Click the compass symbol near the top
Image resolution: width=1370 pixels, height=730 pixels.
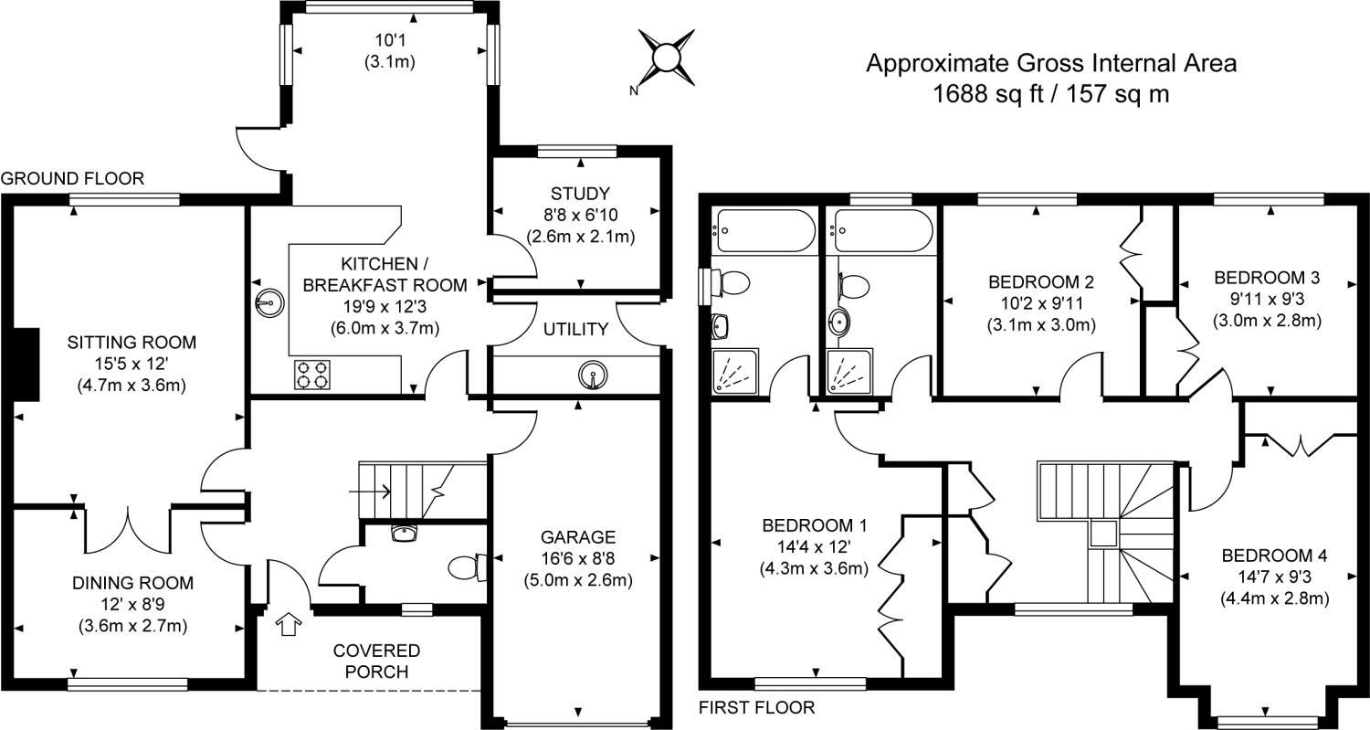[x=666, y=58]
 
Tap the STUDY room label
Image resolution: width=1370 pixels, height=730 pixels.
[x=580, y=193]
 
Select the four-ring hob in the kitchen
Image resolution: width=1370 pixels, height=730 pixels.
[x=311, y=375]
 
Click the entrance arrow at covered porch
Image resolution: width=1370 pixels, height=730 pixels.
[x=289, y=625]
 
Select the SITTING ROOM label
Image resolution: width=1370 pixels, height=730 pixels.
[x=132, y=343]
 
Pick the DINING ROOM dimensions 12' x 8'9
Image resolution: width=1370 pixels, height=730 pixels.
[x=132, y=604]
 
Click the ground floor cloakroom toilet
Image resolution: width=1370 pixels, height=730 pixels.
[x=466, y=566]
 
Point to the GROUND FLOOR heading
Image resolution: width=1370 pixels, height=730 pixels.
[x=72, y=179]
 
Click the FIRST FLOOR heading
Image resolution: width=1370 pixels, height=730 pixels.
[x=755, y=707]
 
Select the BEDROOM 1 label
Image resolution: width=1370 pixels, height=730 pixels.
[x=814, y=525]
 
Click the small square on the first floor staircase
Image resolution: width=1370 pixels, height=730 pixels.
[x=1103, y=534]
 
